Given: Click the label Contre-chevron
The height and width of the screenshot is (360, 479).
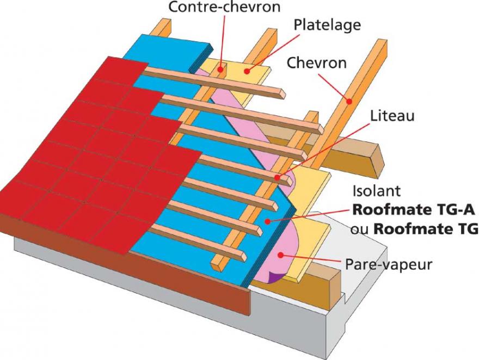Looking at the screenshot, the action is [x=224, y=7].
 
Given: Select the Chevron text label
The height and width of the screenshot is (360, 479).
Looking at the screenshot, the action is [x=317, y=63].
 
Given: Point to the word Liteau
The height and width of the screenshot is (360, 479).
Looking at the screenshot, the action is [x=392, y=116].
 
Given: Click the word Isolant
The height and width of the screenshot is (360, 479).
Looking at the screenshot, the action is [x=376, y=191].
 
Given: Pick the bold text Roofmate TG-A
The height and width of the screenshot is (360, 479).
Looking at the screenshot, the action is [x=414, y=210].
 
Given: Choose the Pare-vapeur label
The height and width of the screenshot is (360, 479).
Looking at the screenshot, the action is [x=389, y=264].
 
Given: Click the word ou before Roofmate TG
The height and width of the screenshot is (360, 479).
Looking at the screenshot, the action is [x=360, y=229].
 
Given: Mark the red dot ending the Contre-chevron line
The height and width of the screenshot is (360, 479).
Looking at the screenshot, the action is [x=220, y=70].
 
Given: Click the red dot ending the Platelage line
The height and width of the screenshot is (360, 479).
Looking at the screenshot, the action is [x=247, y=71].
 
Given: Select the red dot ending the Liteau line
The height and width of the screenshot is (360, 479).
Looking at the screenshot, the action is [x=278, y=177].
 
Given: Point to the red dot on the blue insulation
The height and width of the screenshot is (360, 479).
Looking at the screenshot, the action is [x=268, y=221].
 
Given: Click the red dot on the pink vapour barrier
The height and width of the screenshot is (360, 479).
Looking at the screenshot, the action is [x=280, y=255].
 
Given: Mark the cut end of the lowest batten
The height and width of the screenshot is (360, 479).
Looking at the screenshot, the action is [x=243, y=257].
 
